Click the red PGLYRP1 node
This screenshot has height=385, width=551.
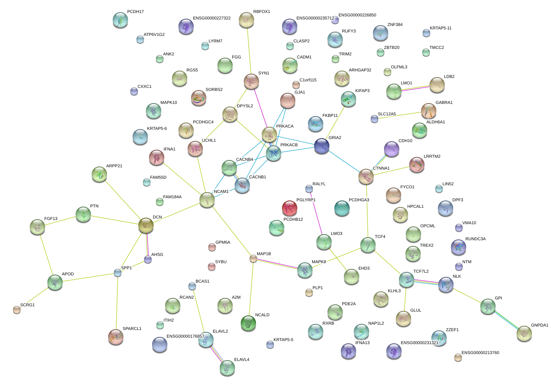click(290, 208)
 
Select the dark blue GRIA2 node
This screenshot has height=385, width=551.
click(322, 146)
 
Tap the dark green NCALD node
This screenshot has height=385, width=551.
click(248, 323)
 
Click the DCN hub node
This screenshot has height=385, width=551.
click(146, 225)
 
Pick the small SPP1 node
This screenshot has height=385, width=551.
click(118, 273)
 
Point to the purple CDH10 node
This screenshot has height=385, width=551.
click(391, 149)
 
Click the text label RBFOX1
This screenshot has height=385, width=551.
click(262, 11)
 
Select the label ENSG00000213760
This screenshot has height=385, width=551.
click(480, 353)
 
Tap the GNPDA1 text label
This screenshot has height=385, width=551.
click(540, 325)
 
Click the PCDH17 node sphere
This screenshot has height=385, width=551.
click(120, 20)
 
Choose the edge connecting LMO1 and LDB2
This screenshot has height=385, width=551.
click(415, 88)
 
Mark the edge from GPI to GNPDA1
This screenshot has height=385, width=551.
click(506, 320)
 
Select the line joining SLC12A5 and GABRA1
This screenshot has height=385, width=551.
click(400, 115)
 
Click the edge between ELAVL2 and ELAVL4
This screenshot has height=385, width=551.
click(216, 354)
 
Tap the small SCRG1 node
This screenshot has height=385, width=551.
click(17, 310)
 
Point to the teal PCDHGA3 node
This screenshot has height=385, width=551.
click(342, 208)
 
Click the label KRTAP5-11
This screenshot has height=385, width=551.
click(441, 28)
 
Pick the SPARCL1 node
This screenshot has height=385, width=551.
click(116, 337)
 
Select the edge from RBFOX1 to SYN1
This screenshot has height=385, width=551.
click(249, 51)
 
